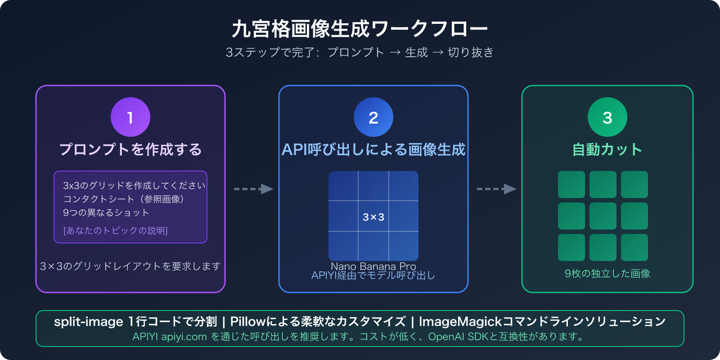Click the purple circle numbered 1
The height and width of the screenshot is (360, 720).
[130, 117]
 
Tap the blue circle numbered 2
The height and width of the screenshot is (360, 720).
[373, 117]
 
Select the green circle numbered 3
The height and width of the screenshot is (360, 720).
[607, 117]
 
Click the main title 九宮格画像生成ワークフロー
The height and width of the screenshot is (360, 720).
[360, 29]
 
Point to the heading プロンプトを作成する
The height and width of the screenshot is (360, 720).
[130, 149]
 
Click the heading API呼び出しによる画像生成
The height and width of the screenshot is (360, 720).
[373, 149]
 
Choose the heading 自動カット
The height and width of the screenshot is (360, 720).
[607, 149]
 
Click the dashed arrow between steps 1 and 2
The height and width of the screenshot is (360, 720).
[253, 189]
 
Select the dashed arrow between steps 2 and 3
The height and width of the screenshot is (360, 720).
[496, 189]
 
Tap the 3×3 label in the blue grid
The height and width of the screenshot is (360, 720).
[373, 217]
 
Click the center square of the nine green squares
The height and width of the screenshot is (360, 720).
[603, 216]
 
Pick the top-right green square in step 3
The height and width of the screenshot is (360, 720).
[634, 184]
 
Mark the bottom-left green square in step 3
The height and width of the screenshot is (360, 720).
[571, 247]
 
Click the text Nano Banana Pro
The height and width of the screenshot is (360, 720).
[373, 266]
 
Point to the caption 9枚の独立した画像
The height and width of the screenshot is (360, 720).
[607, 274]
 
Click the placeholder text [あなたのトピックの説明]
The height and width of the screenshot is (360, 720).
[116, 230]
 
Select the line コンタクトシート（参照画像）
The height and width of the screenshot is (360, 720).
[123, 199]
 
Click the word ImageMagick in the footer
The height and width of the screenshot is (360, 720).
[460, 322]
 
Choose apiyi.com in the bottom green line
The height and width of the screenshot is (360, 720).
[184, 337]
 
